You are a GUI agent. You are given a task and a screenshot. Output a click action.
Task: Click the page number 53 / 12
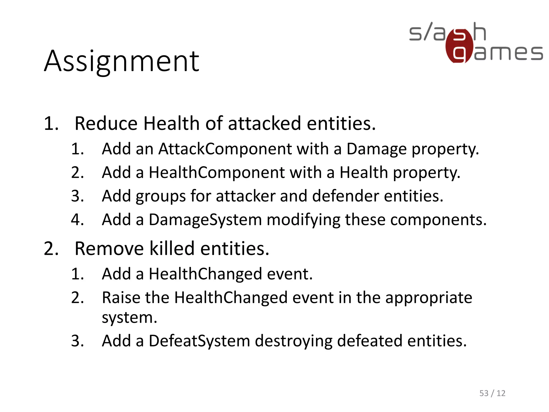492,393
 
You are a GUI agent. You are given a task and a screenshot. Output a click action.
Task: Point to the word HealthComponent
217,172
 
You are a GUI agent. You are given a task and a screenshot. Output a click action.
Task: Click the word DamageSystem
205,220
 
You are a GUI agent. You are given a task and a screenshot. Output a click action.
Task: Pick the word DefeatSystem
199,341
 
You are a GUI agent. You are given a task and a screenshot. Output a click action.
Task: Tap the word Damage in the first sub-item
376,149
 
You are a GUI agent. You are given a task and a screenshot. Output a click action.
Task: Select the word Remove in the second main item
109,249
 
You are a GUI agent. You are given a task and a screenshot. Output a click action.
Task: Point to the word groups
161,196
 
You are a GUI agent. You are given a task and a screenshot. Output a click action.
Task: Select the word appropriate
428,298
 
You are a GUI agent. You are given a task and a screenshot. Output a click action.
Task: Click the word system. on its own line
129,318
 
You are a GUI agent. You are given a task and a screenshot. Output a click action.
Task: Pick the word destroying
293,341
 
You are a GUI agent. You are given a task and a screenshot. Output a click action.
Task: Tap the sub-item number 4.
77,220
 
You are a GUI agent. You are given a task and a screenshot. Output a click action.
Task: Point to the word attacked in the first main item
265,124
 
